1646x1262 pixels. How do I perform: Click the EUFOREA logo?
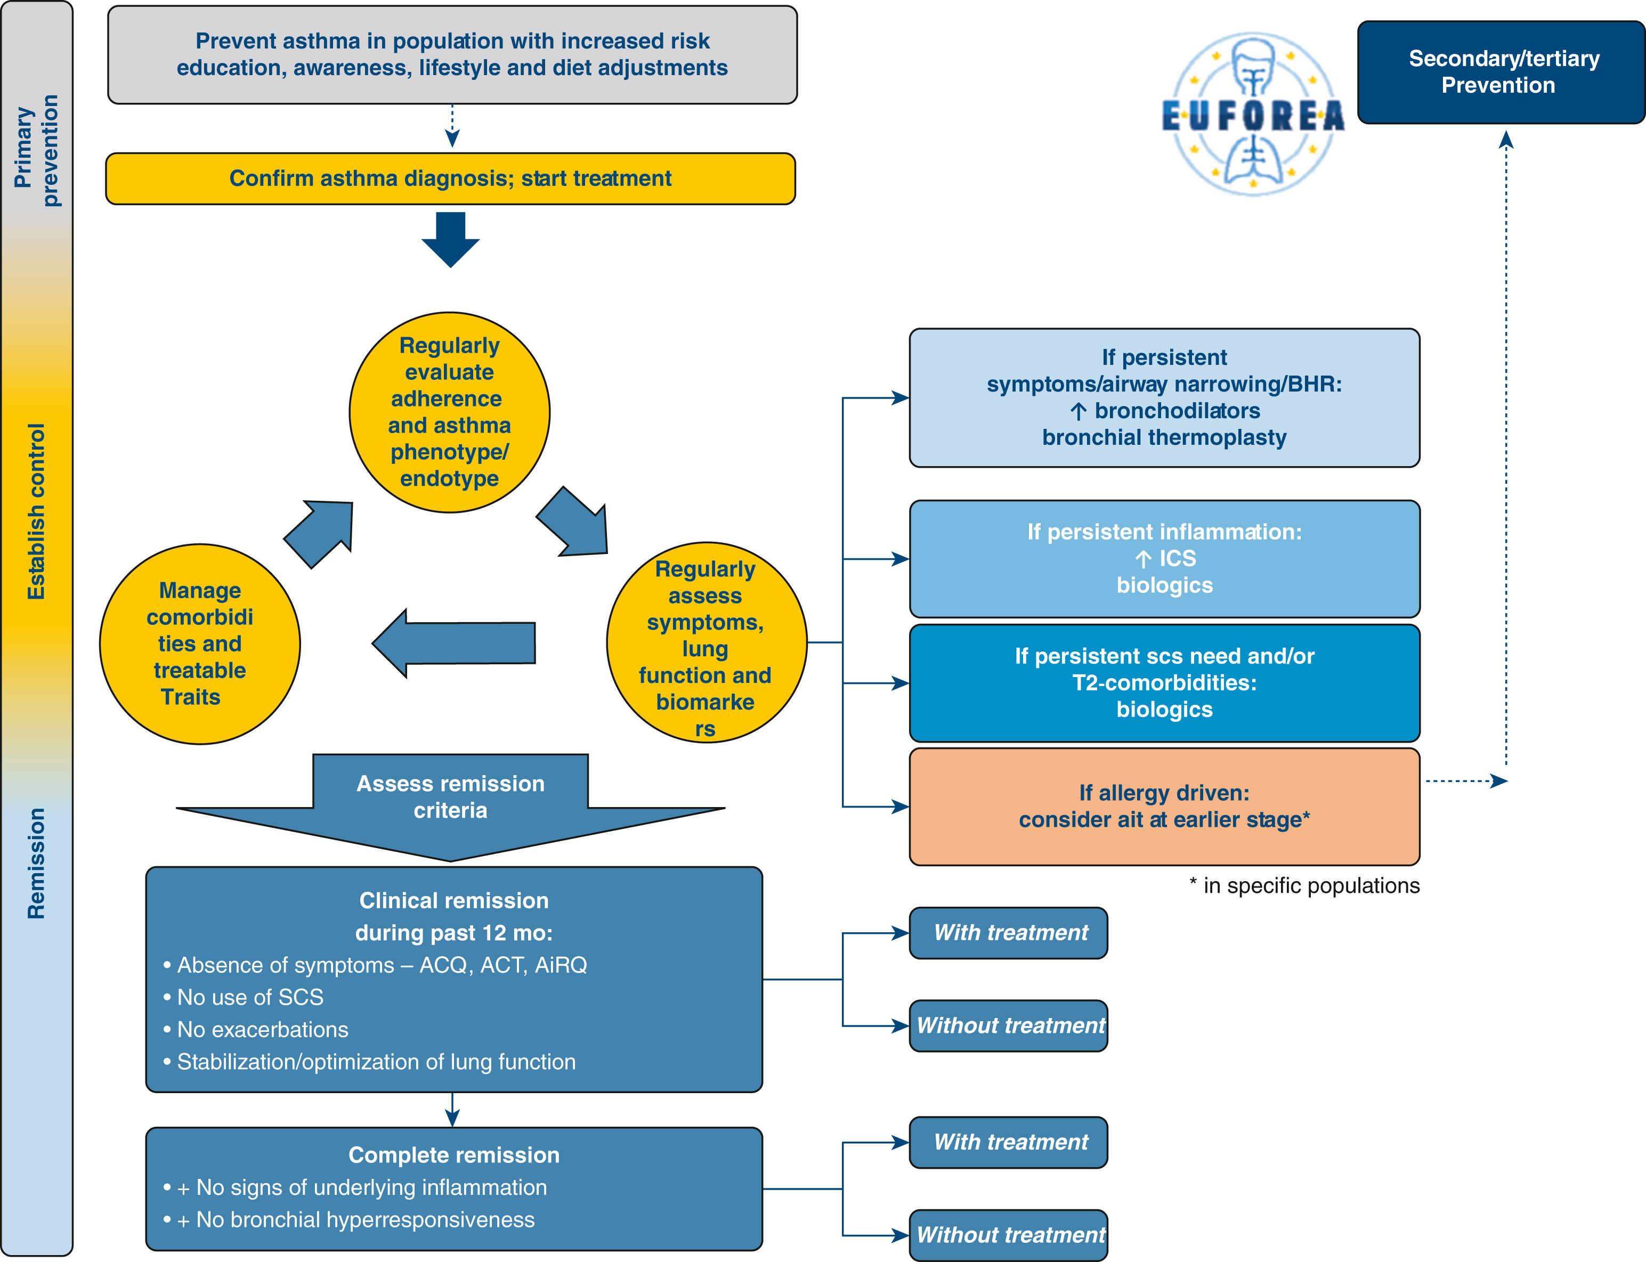(x=1252, y=114)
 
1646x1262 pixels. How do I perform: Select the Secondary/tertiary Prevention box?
(x=1500, y=72)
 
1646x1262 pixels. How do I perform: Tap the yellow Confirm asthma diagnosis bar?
(x=450, y=179)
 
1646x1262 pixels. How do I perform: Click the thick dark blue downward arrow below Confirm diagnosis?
(x=450, y=239)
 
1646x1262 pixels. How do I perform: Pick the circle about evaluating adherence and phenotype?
(x=449, y=412)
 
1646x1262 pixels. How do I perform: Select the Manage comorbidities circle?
(x=200, y=644)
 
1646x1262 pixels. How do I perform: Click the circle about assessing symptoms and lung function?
(x=706, y=643)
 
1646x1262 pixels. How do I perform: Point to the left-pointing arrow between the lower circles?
(x=454, y=643)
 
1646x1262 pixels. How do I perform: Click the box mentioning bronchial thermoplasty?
(x=1164, y=398)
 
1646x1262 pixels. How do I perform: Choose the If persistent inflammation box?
(x=1164, y=559)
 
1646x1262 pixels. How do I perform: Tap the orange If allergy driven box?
(x=1164, y=806)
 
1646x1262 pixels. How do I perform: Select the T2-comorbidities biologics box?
(x=1164, y=683)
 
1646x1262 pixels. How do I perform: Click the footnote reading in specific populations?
(x=1304, y=886)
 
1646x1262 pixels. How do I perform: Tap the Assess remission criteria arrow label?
(x=450, y=797)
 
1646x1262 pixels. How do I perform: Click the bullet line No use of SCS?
(x=250, y=998)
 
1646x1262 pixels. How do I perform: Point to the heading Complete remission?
(x=454, y=1155)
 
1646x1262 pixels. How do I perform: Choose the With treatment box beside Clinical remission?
(x=1008, y=933)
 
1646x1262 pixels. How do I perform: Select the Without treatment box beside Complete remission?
(x=1008, y=1235)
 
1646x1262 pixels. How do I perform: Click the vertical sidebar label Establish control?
(x=37, y=511)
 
